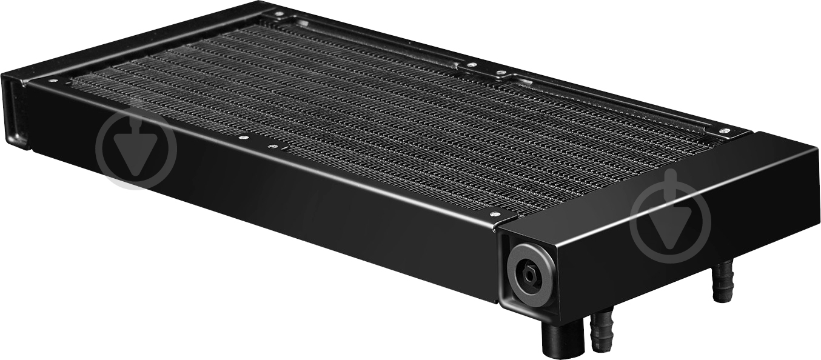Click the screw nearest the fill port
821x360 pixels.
pyautogui.click(x=494, y=214)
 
